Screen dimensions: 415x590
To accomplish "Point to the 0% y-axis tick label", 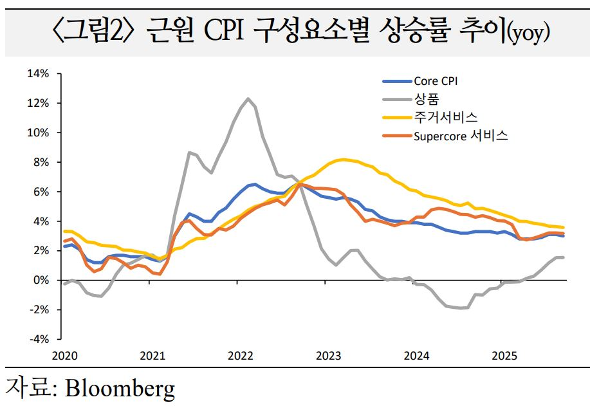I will point(41,280).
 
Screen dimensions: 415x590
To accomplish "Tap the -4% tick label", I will point(40,338).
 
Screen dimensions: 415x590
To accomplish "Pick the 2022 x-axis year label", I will point(240,355).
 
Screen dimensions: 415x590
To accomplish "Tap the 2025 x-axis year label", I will point(505,355).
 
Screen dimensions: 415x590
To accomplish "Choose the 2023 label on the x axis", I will point(328,355).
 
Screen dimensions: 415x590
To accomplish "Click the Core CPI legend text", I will point(436,81).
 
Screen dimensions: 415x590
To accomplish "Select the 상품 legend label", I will point(423,98).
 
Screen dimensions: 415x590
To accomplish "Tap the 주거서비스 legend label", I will point(445,117).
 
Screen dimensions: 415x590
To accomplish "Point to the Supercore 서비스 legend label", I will point(461,136).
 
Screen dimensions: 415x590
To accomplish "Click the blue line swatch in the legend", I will point(396,82).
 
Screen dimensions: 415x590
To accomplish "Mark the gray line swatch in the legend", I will point(396,99).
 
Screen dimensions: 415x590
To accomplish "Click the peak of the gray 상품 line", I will point(248,98).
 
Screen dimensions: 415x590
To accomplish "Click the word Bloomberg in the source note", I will point(120,388).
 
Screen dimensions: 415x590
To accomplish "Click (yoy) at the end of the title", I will point(528,32).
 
